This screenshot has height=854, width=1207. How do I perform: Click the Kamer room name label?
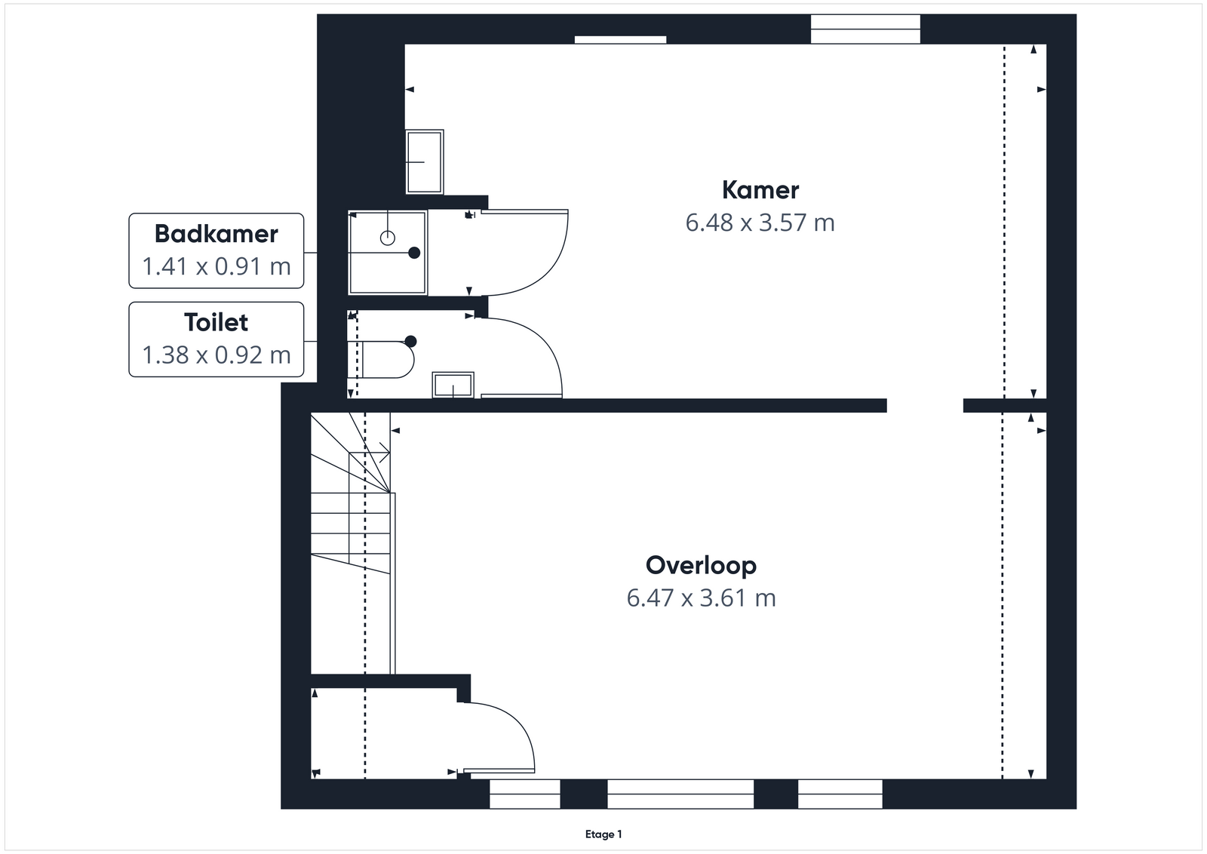(760, 190)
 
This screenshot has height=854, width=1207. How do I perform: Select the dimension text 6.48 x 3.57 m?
(760, 223)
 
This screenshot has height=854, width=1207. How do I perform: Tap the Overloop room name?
(701, 566)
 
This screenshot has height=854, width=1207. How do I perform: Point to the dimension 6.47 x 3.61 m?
(701, 598)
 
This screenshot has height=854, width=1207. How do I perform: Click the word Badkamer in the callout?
(216, 234)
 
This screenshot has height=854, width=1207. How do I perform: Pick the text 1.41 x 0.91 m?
(216, 266)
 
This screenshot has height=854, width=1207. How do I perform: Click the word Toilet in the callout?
(216, 322)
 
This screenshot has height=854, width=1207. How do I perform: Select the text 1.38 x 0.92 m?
(216, 355)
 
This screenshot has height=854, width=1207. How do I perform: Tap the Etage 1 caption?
(603, 834)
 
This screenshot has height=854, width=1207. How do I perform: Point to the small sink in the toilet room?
(453, 385)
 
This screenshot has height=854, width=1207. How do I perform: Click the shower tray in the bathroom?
(388, 253)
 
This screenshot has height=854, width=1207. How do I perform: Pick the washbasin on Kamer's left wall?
(425, 161)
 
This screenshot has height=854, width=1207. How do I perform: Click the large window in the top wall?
(865, 29)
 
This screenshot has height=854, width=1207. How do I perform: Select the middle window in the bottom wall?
(680, 794)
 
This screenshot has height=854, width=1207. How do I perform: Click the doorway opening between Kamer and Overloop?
(925, 405)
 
